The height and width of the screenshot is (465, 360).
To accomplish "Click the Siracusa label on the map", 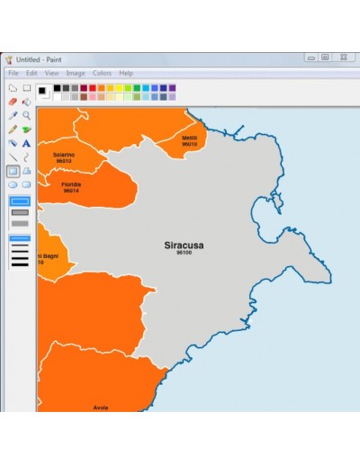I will pyautogui.click(x=184, y=245).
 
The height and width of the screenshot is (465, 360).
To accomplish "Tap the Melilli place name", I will pyautogui.click(x=189, y=138).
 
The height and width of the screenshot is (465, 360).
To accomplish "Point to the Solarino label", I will pyautogui.click(x=63, y=155).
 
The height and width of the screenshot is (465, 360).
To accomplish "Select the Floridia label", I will pyautogui.click(x=71, y=184).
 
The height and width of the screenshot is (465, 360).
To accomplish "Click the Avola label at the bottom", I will pyautogui.click(x=101, y=407).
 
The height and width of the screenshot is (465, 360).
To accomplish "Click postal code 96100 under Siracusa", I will pyautogui.click(x=184, y=253).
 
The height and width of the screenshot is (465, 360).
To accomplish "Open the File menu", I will pyautogui.click(x=13, y=73).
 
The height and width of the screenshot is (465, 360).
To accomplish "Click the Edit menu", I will pyautogui.click(x=31, y=73).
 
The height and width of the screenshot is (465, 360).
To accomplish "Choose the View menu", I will pyautogui.click(x=51, y=73).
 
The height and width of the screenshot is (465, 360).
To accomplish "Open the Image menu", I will pyautogui.click(x=76, y=73).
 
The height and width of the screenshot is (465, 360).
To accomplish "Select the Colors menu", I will pyautogui.click(x=102, y=73).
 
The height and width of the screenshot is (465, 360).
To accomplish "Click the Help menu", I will pyautogui.click(x=126, y=73).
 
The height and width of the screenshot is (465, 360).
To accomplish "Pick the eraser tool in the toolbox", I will pyautogui.click(x=13, y=102).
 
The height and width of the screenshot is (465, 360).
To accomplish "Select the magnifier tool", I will pyautogui.click(x=26, y=115).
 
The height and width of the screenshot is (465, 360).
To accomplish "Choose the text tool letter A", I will pyautogui.click(x=26, y=143).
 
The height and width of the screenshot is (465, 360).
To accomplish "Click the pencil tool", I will pyautogui.click(x=13, y=130).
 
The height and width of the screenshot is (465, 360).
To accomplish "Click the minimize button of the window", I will pyautogui.click(x=310, y=58).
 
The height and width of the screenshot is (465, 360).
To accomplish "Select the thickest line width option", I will pyautogui.click(x=20, y=265).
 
